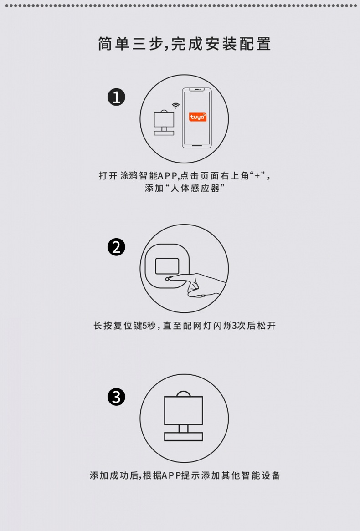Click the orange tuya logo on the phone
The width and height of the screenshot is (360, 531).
pyautogui.click(x=198, y=117)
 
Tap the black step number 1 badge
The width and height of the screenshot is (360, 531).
pyautogui.click(x=116, y=97)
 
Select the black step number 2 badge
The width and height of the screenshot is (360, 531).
pyautogui.click(x=116, y=247)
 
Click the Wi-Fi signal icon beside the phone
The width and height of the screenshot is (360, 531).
pyautogui.click(x=175, y=106)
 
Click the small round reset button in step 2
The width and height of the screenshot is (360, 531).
pyautogui.click(x=168, y=278)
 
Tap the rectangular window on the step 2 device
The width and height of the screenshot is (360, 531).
pyautogui.click(x=167, y=266)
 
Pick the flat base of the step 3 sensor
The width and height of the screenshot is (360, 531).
pyautogui.click(x=184, y=437)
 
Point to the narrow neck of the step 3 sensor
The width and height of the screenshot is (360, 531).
pyautogui.click(x=184, y=429)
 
